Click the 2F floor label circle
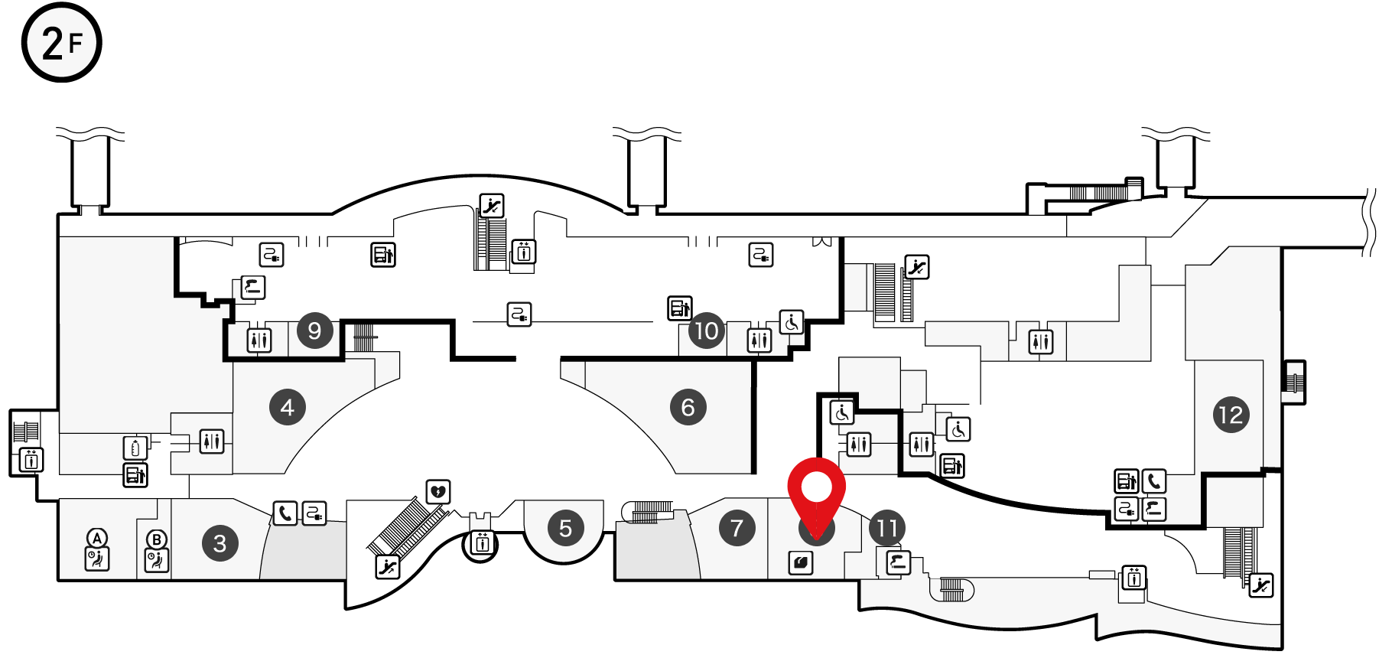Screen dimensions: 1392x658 pos(61,42)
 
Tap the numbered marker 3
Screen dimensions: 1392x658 pos(220,543)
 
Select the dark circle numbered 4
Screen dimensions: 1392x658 pos(288,407)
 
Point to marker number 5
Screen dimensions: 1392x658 pos(566,528)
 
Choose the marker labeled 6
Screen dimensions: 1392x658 pos(688,407)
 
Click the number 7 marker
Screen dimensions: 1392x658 pos(737,528)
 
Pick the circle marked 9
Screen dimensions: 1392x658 pos(314,331)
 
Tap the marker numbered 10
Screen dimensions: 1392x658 pos(707,331)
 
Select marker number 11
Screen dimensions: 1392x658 pos(887,528)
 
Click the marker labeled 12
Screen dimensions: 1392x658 pos(1231,415)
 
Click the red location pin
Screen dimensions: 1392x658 pos(817,490)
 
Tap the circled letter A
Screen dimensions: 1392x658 pos(97,538)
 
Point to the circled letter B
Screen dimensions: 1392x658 pos(157,539)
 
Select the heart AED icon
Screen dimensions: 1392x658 pos(438,491)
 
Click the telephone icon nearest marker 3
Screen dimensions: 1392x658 pos(285,513)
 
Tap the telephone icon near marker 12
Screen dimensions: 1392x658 pos(1154,481)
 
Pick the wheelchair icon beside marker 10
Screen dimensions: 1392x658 pos(792,322)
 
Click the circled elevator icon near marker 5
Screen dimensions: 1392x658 pos(482,544)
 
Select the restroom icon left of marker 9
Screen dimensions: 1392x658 pos(259,340)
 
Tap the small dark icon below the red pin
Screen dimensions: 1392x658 pos(801,563)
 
